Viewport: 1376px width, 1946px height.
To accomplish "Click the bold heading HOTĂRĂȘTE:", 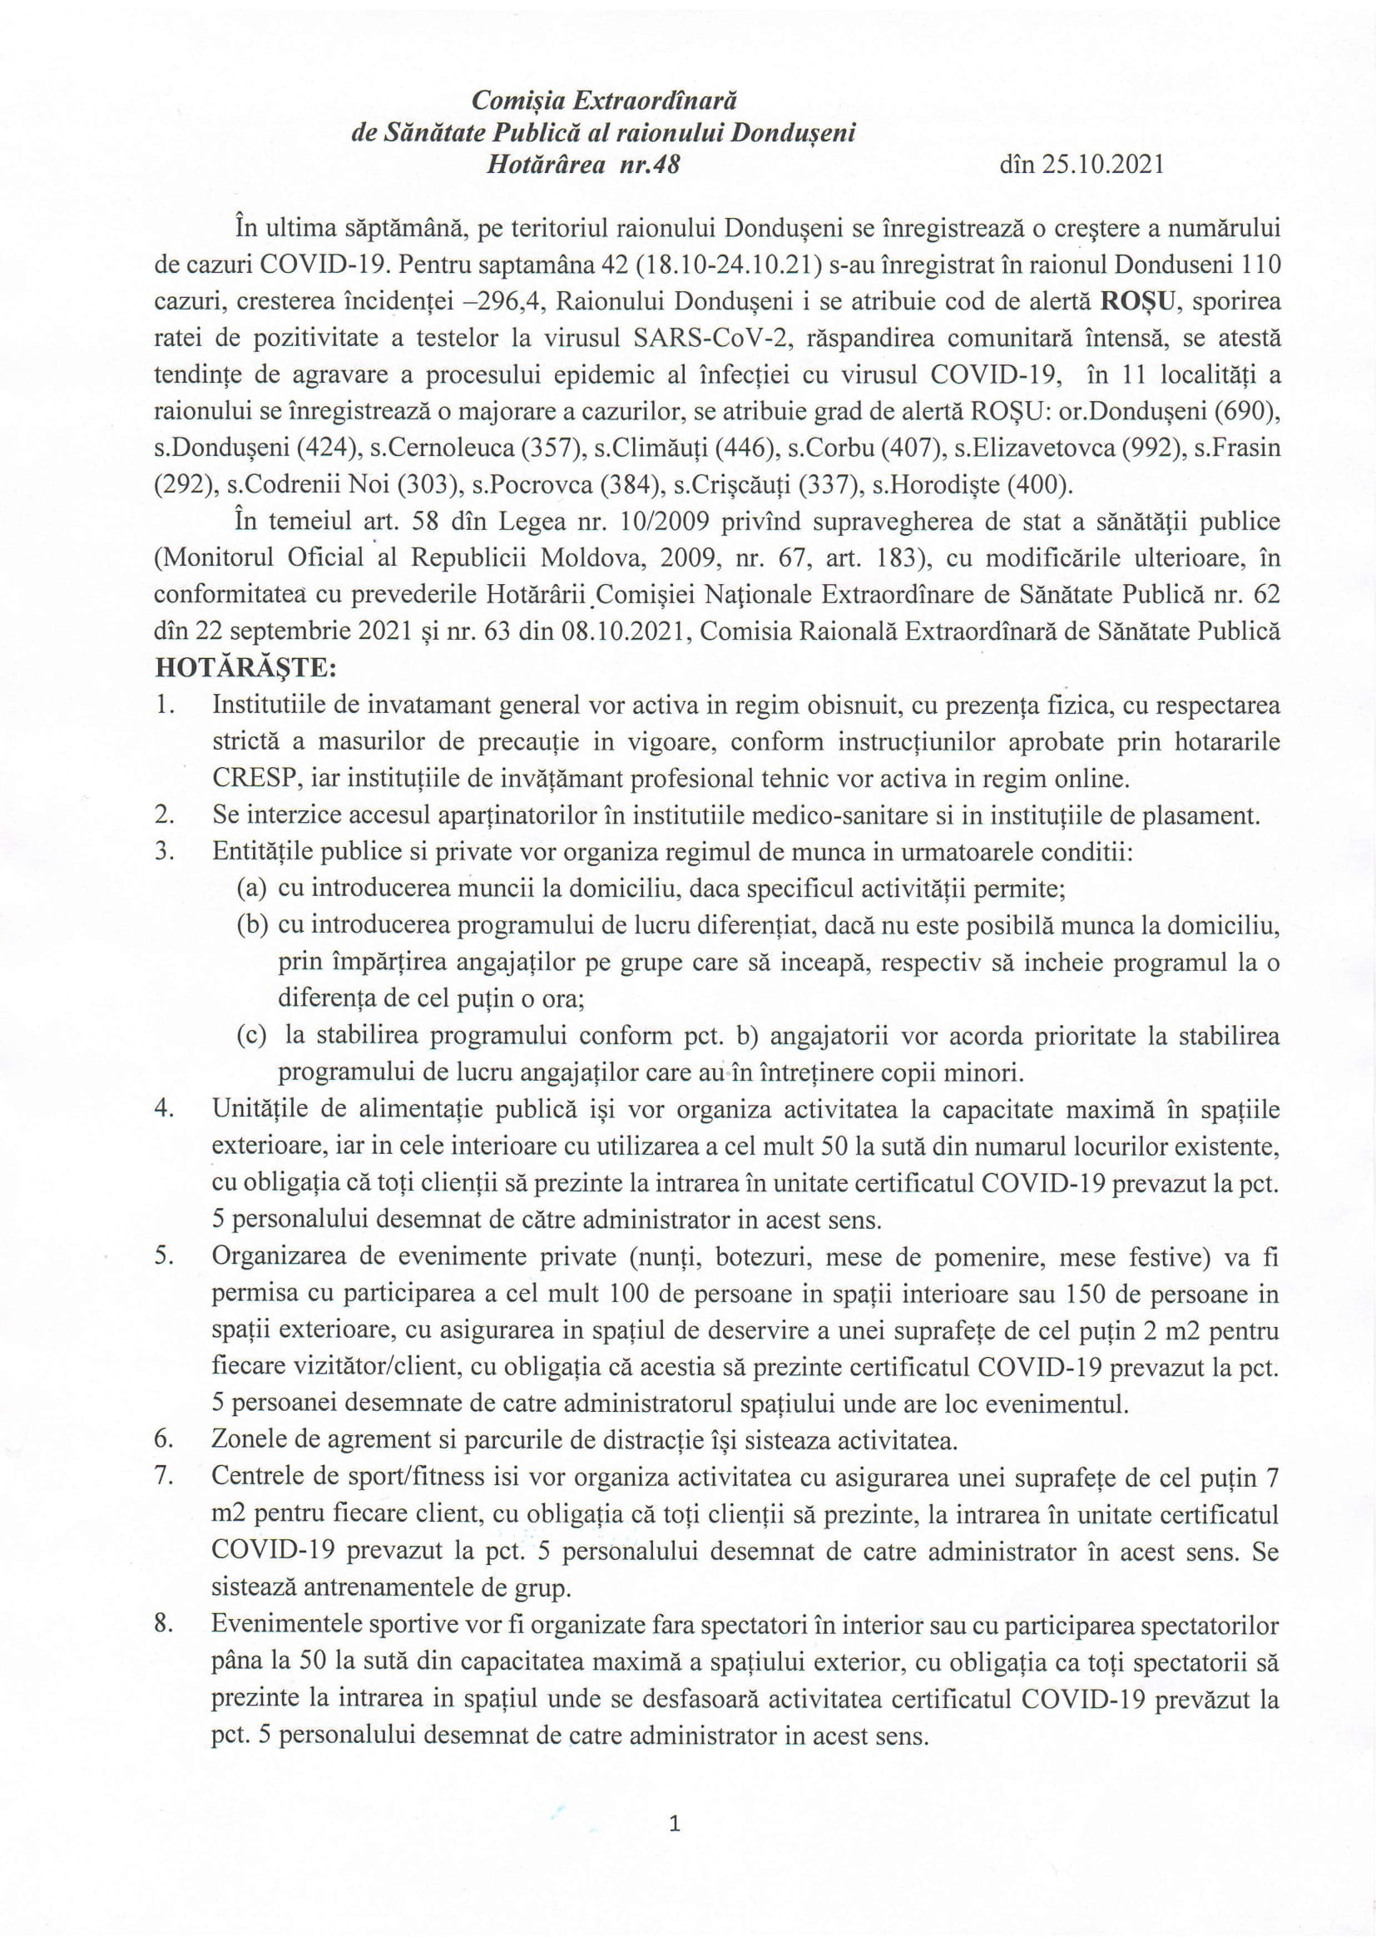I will [x=245, y=668].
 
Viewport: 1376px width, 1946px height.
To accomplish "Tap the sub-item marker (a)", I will [x=253, y=889].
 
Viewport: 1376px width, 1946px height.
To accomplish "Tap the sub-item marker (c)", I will [x=253, y=1036].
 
